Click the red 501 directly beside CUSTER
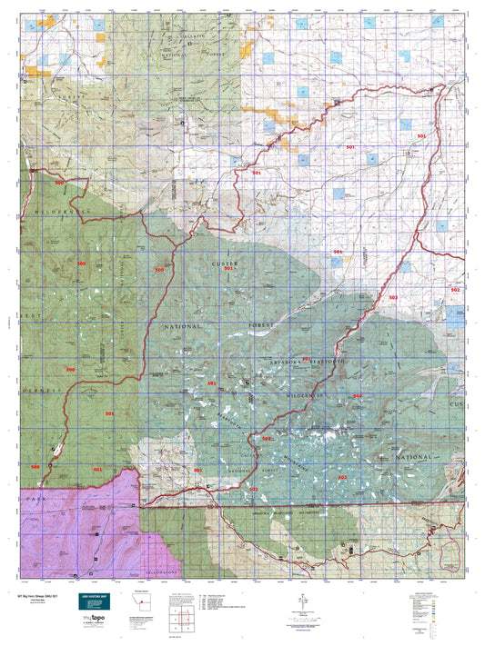(x=229, y=270)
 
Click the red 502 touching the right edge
(x=456, y=290)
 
